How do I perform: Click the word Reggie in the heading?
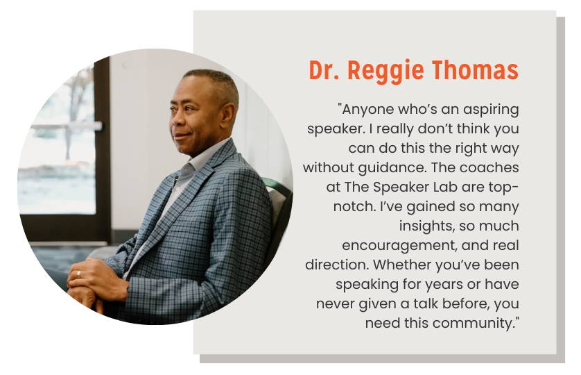click(x=385, y=71)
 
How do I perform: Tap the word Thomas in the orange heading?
click(x=475, y=70)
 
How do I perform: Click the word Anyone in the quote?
click(x=365, y=110)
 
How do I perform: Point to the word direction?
click(x=337, y=265)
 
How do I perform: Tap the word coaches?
click(x=489, y=167)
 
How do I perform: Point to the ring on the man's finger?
click(x=78, y=274)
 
